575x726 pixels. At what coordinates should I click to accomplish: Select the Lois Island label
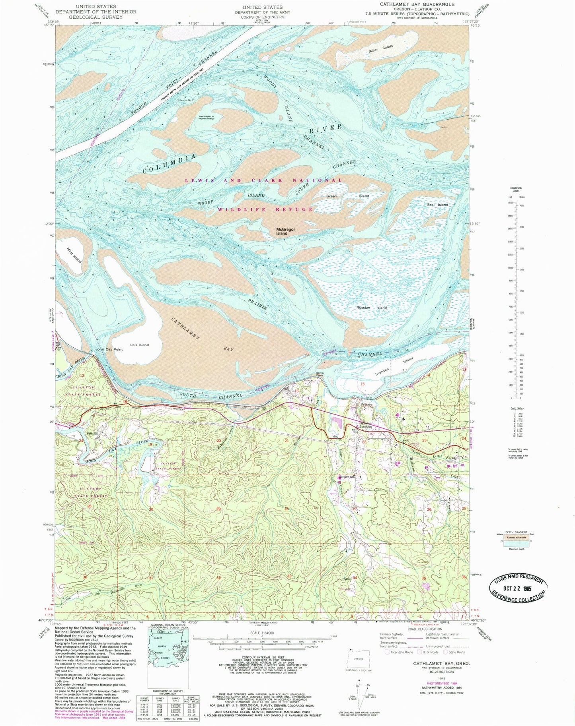(x=139, y=345)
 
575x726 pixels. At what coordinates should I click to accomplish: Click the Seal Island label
(x=437, y=205)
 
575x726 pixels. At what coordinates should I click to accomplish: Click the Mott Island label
(x=74, y=255)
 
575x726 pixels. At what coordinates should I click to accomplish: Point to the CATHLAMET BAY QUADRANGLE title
(x=417, y=4)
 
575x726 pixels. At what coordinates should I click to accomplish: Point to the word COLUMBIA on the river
(x=170, y=163)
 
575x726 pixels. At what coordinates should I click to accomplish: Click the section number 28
(x=286, y=509)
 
